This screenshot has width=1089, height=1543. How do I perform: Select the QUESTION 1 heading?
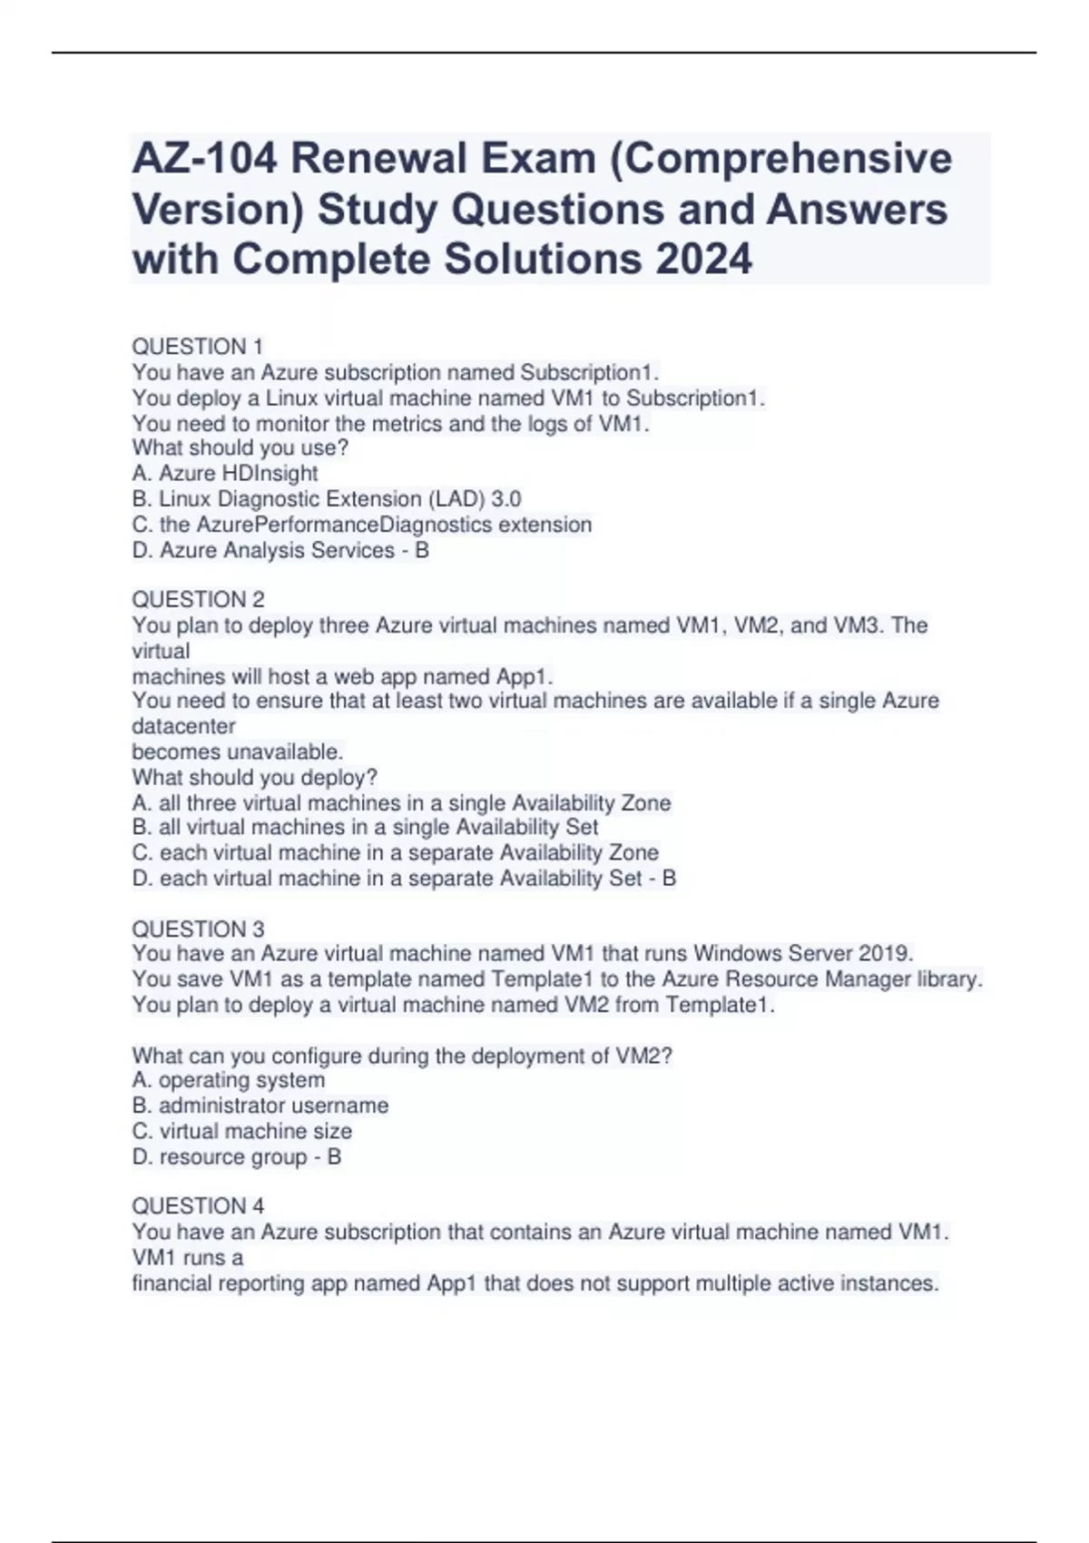(x=197, y=347)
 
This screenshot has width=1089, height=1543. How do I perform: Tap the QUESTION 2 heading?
(x=198, y=600)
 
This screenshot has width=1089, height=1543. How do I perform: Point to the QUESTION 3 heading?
(x=198, y=929)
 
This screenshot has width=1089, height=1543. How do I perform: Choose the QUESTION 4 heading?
(x=198, y=1206)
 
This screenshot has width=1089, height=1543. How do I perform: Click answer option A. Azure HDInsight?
(x=225, y=474)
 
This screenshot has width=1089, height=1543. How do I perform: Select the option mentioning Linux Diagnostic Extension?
(x=327, y=499)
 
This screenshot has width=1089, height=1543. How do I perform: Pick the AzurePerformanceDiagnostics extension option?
(x=362, y=525)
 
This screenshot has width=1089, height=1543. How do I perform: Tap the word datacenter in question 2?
(x=183, y=727)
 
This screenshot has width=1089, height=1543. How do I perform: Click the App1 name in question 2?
(x=524, y=677)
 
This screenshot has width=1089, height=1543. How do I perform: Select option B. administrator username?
(x=260, y=1106)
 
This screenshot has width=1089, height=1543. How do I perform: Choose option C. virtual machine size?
(x=242, y=1132)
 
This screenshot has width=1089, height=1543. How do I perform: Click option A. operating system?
(x=229, y=1080)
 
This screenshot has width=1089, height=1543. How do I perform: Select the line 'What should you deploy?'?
(x=254, y=778)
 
